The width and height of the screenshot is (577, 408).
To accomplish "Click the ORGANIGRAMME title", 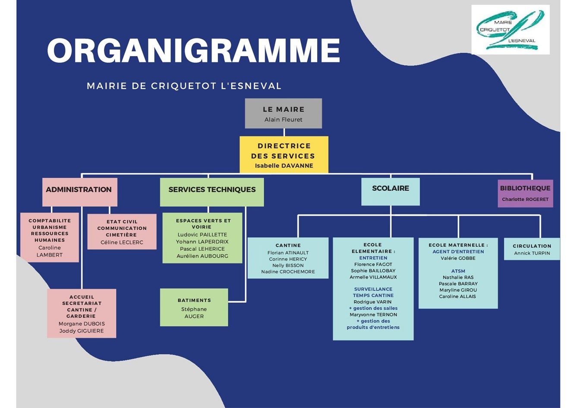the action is pyautogui.click(x=193, y=51).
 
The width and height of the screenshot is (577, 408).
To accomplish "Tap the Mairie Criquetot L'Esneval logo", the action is pyautogui.click(x=510, y=29).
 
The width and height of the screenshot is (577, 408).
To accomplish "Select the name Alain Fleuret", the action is pyautogui.click(x=283, y=120).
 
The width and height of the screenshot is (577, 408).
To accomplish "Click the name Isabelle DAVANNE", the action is pyautogui.click(x=284, y=166).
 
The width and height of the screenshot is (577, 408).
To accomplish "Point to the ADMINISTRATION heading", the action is pyautogui.click(x=79, y=190).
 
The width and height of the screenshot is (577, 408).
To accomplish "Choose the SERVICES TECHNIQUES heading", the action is pyautogui.click(x=212, y=190).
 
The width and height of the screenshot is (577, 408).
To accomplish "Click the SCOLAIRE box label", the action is pyautogui.click(x=390, y=188).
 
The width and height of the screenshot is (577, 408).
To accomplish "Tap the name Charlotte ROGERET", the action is pyautogui.click(x=525, y=199).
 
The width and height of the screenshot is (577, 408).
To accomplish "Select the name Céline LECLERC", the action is pyautogui.click(x=122, y=242).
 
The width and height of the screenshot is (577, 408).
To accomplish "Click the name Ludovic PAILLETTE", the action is pyautogui.click(x=202, y=234).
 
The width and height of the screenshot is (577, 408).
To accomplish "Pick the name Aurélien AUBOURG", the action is pyautogui.click(x=202, y=256).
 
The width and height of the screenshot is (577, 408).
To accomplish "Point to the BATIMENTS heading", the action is pyautogui.click(x=194, y=300).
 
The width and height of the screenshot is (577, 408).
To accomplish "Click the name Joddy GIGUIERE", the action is pyautogui.click(x=82, y=331).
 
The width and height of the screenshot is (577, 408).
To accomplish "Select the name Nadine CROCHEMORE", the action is pyautogui.click(x=288, y=272).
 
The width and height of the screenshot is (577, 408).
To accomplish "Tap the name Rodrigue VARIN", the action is pyautogui.click(x=372, y=302).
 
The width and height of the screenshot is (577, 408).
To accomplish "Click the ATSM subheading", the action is pyautogui.click(x=458, y=271).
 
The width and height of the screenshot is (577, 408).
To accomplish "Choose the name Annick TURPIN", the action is pyautogui.click(x=532, y=253).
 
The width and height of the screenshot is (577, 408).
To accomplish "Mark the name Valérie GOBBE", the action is pyautogui.click(x=458, y=258).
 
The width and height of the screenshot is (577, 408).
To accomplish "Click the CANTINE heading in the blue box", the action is pyautogui.click(x=288, y=245).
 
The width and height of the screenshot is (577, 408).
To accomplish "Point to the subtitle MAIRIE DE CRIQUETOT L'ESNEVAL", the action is pyautogui.click(x=184, y=86).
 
